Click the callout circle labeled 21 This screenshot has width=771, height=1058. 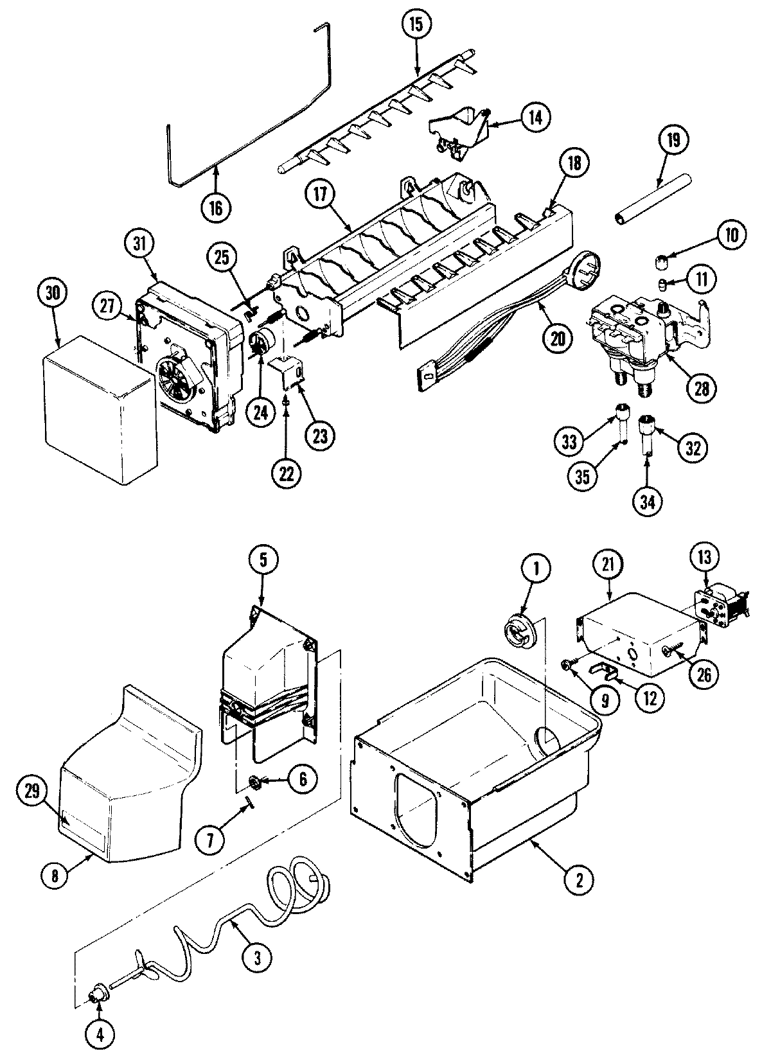(609, 564)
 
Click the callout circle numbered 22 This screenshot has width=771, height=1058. (287, 473)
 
